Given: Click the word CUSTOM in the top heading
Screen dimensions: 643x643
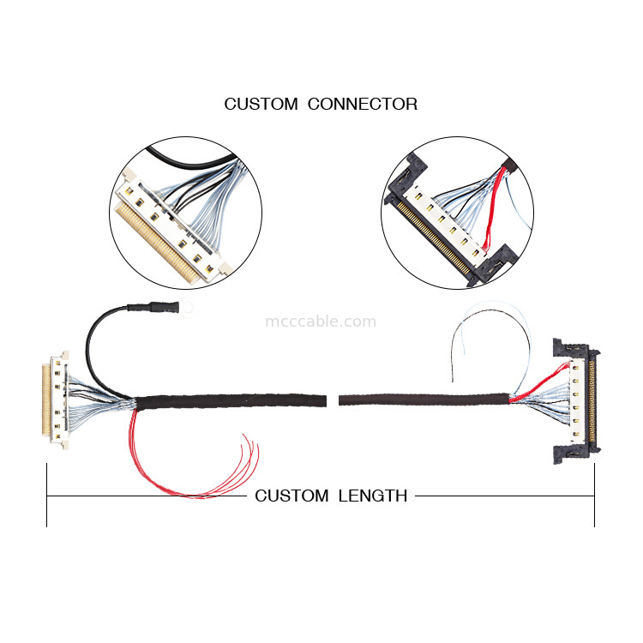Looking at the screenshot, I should [x=261, y=105].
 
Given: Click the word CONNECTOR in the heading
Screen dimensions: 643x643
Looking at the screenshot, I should [x=363, y=105].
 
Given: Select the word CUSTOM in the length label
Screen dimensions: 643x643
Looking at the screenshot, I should [x=291, y=496].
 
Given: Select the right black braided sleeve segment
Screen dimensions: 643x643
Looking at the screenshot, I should [x=424, y=400].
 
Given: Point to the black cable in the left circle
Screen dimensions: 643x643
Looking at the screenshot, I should [x=184, y=160].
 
